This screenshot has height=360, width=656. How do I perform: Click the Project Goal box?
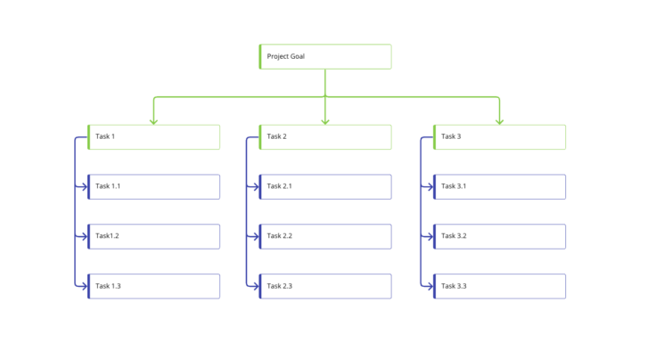point(324,56)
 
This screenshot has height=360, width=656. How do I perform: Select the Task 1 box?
point(153,136)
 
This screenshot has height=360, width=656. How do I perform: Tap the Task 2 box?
point(324,136)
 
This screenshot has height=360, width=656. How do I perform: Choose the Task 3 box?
point(499,136)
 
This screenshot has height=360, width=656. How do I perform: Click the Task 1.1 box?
point(153,186)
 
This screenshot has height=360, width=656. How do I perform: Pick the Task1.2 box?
point(153,236)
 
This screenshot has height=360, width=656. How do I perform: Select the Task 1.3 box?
point(153,286)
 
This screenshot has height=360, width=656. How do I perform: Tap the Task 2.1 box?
point(324,186)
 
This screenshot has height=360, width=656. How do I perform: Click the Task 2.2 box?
point(324,236)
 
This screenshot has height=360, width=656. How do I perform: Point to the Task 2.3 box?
point(324,286)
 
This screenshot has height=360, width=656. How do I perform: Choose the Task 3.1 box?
point(499,186)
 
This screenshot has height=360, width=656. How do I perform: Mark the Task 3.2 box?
point(499,236)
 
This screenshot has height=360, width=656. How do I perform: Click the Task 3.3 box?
point(499,286)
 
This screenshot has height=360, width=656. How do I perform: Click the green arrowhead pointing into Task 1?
point(153,121)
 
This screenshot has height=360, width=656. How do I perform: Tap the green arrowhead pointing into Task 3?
point(499,121)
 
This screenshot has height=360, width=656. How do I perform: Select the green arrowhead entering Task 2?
point(325,121)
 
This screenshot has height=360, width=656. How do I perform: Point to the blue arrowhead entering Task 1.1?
point(85,186)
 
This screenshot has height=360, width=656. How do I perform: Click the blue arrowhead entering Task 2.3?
point(256,286)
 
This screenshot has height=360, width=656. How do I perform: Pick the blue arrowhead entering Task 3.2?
point(430,236)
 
